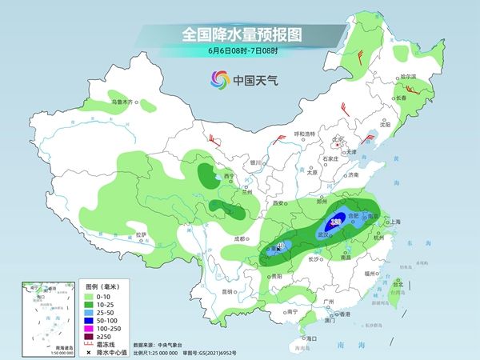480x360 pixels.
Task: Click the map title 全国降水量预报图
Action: (240, 36)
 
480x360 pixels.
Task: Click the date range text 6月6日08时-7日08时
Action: (240, 52)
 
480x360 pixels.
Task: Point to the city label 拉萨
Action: (142, 234)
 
